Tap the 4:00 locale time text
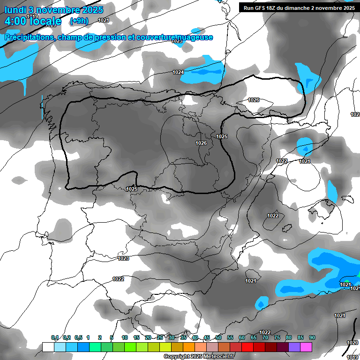point(33,21)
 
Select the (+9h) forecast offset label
point(79,21)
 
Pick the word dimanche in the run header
point(305,7)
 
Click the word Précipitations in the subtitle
point(29,37)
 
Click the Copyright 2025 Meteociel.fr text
point(199,357)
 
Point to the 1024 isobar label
point(178,72)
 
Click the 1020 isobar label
point(352,343)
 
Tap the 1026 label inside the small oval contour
point(254,100)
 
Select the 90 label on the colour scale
point(312,338)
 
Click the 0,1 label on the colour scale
point(55,338)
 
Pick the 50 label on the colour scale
point(218,338)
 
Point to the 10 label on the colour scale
point(124,338)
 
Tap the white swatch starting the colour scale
point(48,347)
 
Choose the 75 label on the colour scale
point(277,338)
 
